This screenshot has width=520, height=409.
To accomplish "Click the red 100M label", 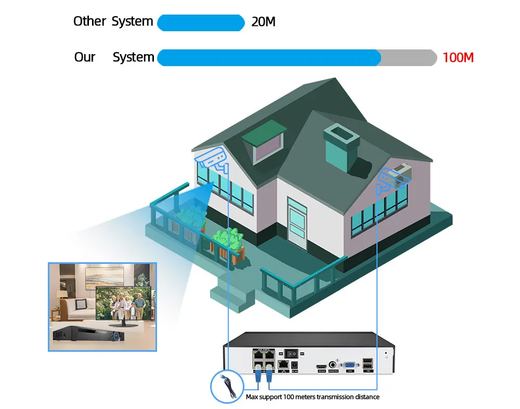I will [458, 57].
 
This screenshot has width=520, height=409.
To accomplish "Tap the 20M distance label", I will [263, 22].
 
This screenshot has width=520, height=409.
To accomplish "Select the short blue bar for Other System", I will [201, 23].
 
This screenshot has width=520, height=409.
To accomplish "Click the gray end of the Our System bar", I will [409, 58].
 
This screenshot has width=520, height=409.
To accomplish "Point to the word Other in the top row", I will [89, 21].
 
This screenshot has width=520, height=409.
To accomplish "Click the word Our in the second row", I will [85, 57].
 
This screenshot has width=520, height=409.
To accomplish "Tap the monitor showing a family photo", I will [124, 305].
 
